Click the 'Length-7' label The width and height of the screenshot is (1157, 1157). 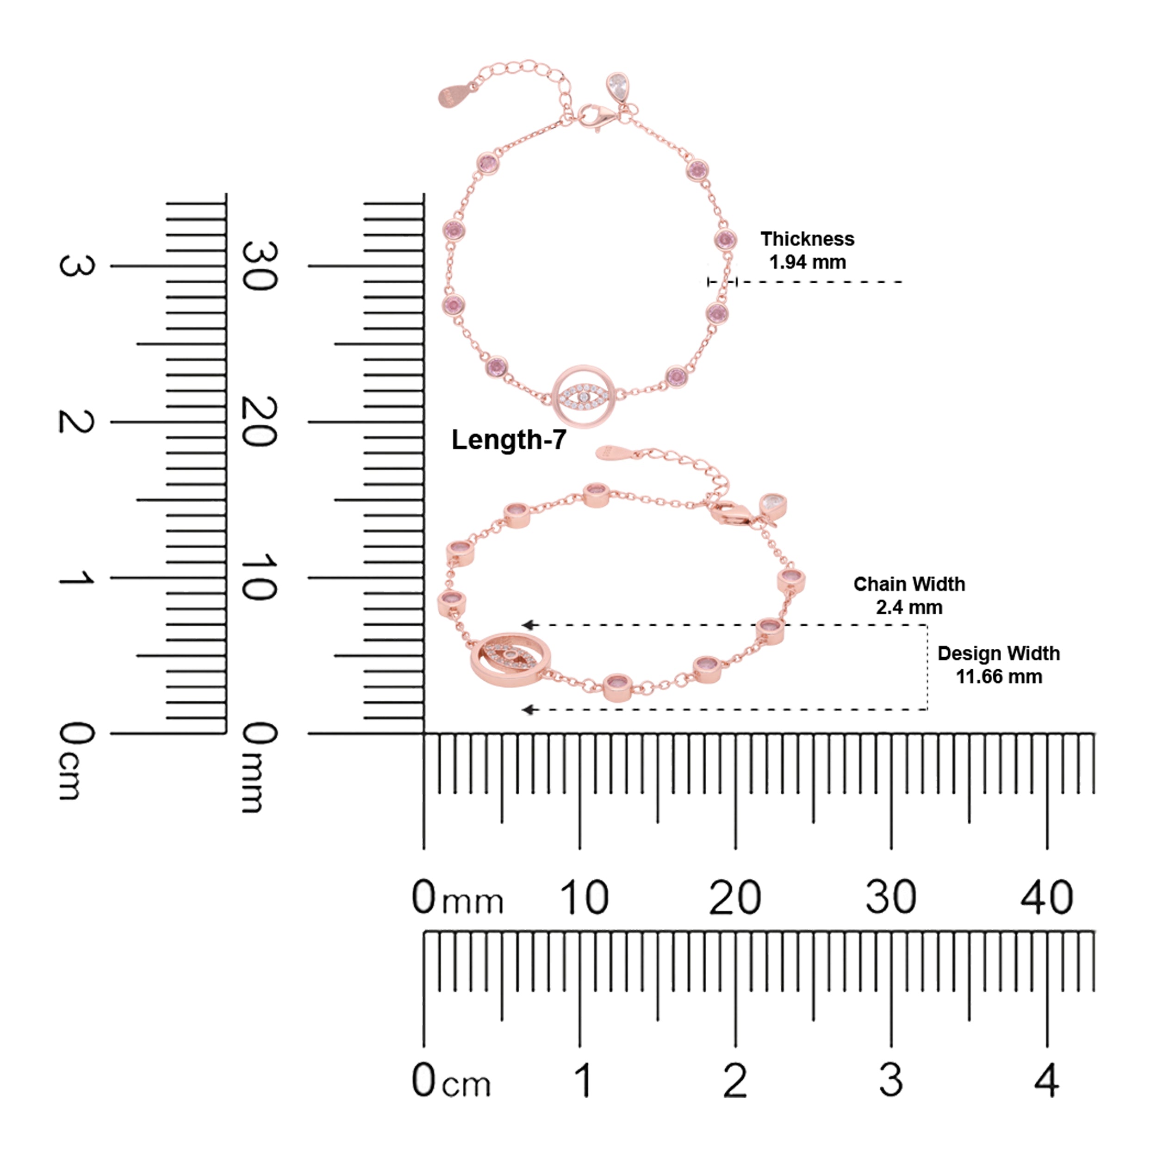coord(509,440)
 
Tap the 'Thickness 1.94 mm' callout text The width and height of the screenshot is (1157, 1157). coord(807,250)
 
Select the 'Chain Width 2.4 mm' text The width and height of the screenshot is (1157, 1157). coord(909,595)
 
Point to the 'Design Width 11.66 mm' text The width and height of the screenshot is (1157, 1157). coord(998,665)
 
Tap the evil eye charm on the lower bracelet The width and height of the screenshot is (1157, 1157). coord(510,659)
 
